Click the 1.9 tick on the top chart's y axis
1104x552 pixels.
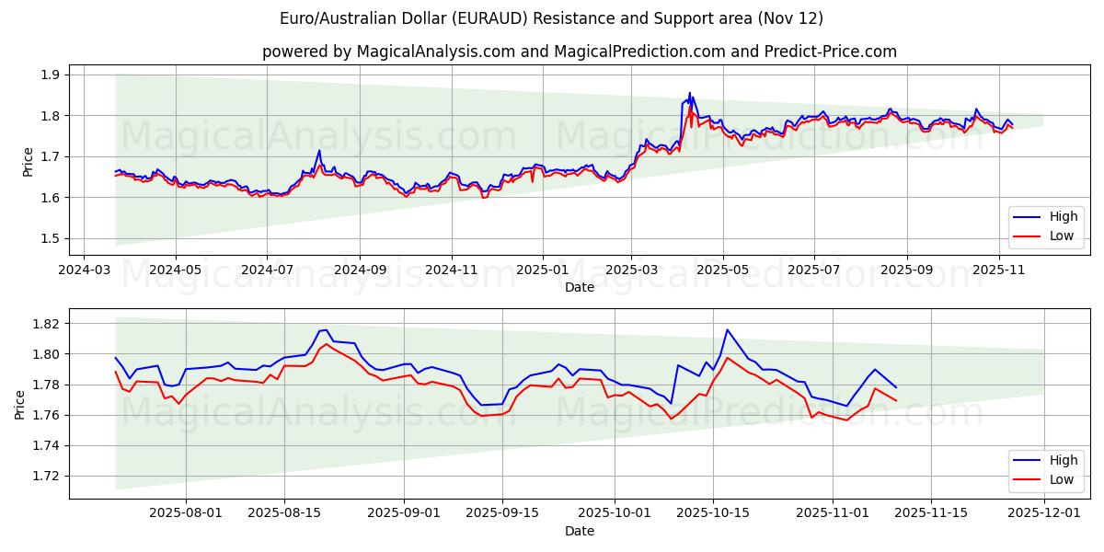[50, 75]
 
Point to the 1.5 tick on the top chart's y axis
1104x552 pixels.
[50, 238]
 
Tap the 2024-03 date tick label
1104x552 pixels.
[85, 270]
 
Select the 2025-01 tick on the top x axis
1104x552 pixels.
[543, 270]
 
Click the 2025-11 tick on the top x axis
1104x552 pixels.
[999, 270]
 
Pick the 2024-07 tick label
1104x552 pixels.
[267, 270]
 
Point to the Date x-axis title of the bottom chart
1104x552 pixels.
[580, 531]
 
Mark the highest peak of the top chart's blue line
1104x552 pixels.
[689, 93]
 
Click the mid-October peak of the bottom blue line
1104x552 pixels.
[727, 329]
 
